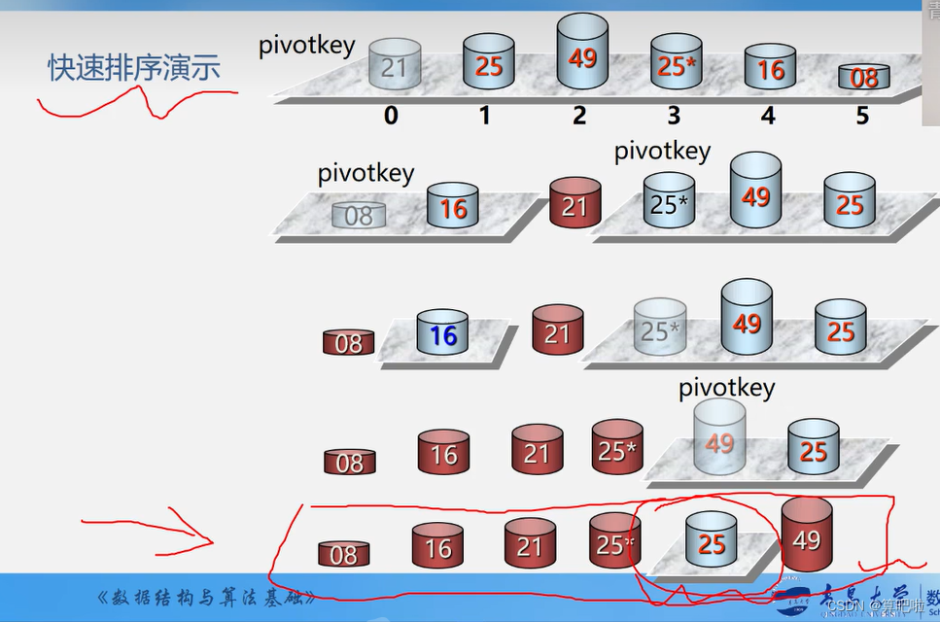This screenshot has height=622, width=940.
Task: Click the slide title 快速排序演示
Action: click(134, 66)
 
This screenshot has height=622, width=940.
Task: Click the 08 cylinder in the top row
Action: click(864, 77)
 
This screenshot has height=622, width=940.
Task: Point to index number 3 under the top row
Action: click(674, 116)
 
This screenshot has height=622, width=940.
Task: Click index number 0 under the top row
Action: click(391, 116)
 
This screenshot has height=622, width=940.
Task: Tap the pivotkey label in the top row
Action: click(307, 45)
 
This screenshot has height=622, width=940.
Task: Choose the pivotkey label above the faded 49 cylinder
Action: click(726, 387)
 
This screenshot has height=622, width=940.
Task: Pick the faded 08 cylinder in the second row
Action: click(358, 215)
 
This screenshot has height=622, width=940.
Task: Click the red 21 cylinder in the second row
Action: click(574, 204)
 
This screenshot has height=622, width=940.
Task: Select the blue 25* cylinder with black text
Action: click(669, 201)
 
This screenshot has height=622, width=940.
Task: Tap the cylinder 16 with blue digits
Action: click(442, 333)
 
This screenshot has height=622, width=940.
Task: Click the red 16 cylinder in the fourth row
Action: click(443, 453)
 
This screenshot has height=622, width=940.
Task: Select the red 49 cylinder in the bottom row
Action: click(806, 536)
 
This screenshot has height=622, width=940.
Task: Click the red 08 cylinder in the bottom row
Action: click(343, 554)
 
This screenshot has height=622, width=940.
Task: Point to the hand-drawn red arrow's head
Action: click(210, 536)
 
